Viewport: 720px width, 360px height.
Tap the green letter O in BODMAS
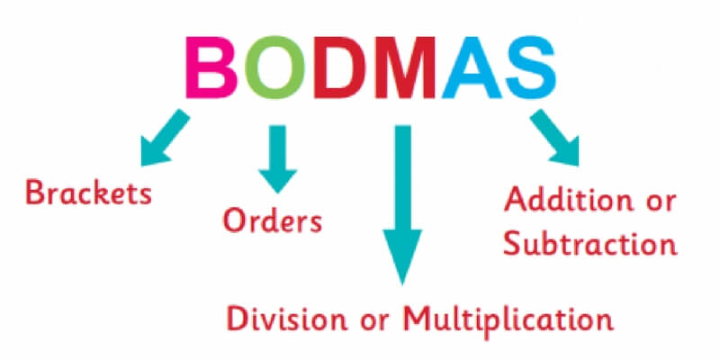[x=274, y=67]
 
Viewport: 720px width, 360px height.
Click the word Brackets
[x=88, y=193]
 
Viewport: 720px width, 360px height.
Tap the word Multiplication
[x=508, y=319]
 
